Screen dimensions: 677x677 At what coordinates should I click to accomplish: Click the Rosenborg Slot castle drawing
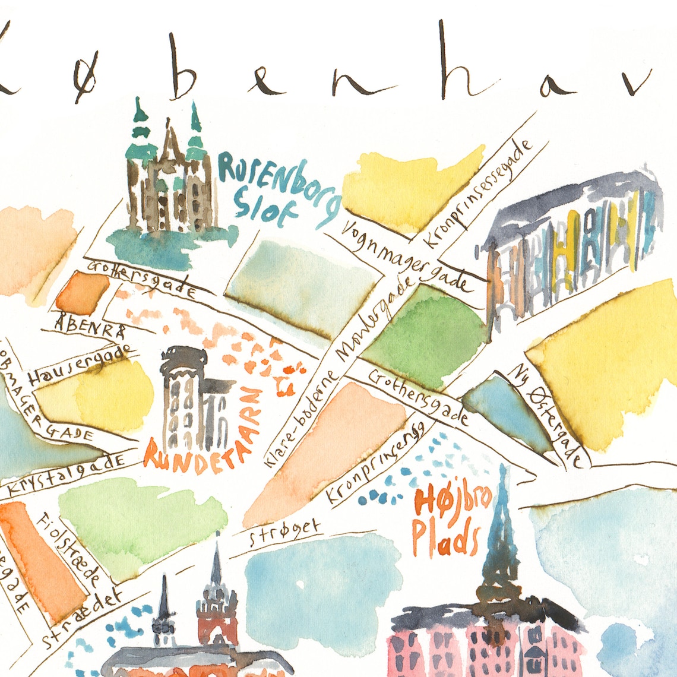point(169,178)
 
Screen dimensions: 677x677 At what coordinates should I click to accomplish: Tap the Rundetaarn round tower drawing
point(190,398)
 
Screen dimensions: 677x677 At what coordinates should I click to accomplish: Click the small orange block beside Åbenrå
point(83,293)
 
